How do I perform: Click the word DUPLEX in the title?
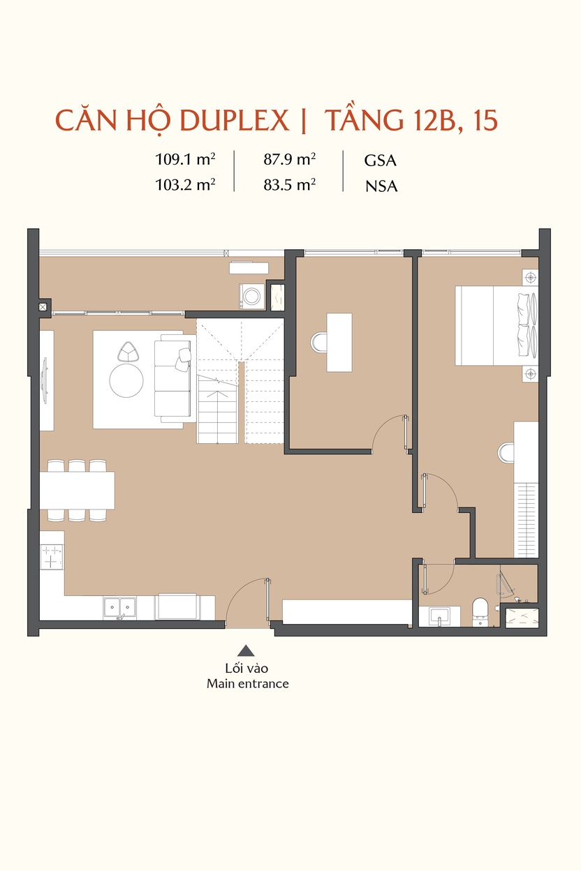234,121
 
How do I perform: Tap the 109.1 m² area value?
185,159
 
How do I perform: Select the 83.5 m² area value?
290,185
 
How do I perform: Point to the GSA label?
380,161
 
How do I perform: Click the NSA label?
381,186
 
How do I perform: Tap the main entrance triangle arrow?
246,650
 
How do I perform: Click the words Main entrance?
248,683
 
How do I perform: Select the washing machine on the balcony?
252,297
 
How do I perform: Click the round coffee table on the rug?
126,380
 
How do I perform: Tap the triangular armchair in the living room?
128,352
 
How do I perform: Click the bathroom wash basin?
439,616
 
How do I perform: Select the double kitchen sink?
119,608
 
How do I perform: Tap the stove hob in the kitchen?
52,557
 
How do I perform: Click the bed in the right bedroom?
497,326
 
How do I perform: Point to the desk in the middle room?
339,342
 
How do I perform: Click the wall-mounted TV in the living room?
45,380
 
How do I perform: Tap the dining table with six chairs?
77,491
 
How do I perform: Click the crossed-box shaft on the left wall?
43,307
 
